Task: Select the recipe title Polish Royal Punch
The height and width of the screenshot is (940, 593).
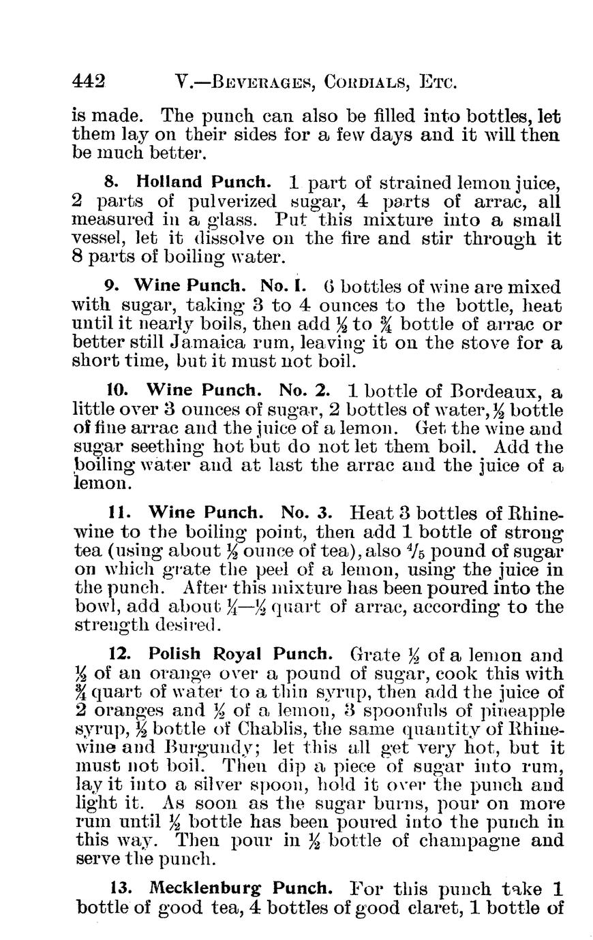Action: (x=241, y=655)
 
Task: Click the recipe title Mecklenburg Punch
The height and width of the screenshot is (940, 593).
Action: (x=241, y=889)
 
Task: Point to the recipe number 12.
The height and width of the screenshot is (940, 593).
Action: (x=120, y=655)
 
